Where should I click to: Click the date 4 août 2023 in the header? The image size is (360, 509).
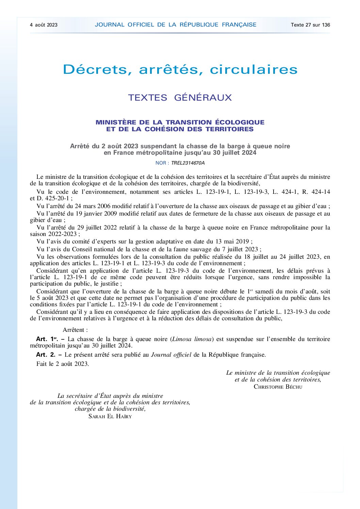44,25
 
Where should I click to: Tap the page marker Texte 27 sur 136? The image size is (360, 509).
310,25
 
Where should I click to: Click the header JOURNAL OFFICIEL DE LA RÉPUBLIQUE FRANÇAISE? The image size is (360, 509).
176,24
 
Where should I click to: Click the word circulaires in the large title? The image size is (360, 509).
253,70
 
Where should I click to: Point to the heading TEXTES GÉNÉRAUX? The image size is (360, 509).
180,98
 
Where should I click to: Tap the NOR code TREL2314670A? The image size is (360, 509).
188,163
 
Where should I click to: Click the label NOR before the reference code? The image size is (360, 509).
161,163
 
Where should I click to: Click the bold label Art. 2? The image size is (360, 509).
46,355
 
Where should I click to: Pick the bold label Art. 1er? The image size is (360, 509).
47,339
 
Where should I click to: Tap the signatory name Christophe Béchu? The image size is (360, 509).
278,387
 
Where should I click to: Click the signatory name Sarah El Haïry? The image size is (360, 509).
110,416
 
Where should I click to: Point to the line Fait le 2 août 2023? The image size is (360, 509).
63,364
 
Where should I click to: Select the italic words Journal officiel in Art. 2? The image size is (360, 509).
171,355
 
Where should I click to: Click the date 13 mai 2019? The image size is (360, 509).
233,241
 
